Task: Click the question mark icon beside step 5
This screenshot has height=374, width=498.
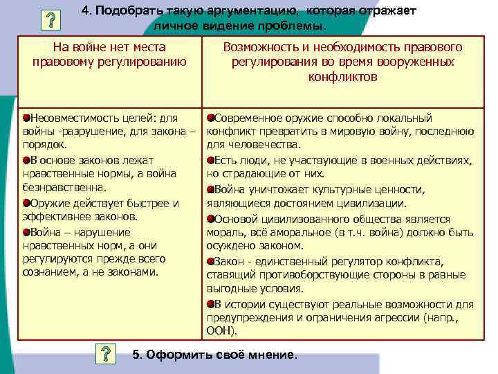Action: [105, 354]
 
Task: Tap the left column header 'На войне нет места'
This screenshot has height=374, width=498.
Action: [109, 47]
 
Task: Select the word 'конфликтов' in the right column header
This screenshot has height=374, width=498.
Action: [342, 76]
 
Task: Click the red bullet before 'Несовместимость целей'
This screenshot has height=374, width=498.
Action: [26, 118]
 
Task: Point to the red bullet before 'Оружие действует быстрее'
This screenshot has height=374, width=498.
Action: [26, 203]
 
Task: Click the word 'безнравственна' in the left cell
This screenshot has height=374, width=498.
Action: [64, 187]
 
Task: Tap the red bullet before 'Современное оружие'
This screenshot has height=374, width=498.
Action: [210, 118]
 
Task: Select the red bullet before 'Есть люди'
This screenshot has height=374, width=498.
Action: [210, 160]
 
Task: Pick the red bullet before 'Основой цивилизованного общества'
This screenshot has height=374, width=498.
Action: [210, 217]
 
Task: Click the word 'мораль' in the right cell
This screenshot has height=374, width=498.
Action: [226, 232]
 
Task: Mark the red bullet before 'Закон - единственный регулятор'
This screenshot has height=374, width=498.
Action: [210, 260]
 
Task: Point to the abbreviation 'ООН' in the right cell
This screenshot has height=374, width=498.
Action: [219, 331]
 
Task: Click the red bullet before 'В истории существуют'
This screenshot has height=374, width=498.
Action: [210, 303]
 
